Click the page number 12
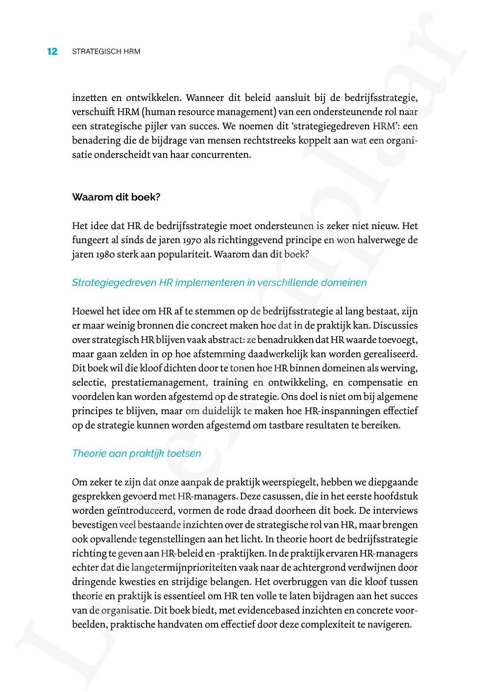point(52,51)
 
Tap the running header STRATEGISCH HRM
point(106,51)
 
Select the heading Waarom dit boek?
point(116,197)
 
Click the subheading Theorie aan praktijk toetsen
point(136,453)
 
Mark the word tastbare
point(285,425)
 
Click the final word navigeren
point(391,625)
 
